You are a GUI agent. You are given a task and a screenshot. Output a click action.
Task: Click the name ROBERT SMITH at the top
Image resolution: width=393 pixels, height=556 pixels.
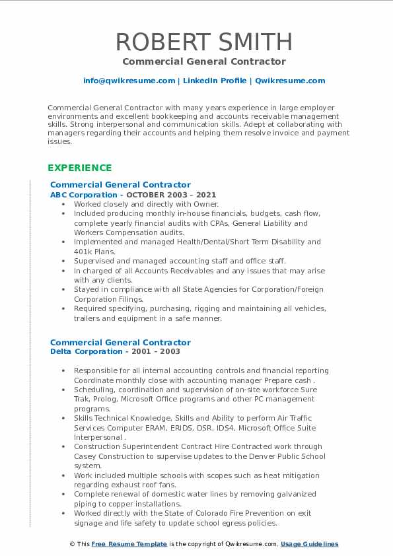coord(203,42)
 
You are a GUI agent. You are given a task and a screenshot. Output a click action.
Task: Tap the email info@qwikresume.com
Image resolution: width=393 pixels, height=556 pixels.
coord(129,81)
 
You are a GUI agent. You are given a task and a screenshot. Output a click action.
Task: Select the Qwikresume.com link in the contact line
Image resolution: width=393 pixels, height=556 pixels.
coord(289,81)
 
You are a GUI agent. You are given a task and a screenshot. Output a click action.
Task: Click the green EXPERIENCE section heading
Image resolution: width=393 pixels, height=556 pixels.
coord(79,168)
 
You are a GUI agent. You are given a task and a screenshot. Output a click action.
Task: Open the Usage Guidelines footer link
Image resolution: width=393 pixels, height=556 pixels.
coord(309,544)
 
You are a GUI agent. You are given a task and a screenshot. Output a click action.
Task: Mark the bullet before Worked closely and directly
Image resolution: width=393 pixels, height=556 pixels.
coord(63,205)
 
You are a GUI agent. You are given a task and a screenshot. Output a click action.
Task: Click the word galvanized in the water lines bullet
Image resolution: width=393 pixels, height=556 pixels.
coord(287,494)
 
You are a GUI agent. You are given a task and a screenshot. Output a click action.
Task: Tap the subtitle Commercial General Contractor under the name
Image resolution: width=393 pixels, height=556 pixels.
coord(203,61)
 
